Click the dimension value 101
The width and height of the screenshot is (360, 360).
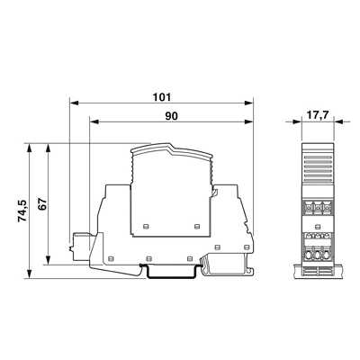162,97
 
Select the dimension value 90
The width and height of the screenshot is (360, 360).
171,116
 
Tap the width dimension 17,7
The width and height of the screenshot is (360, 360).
318,115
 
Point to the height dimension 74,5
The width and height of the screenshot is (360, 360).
22,211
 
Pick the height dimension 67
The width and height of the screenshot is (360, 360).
43,204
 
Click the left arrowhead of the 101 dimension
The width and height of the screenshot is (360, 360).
74,103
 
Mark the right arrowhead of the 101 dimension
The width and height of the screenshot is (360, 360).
248,103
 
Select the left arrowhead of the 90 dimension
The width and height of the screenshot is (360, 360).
94,121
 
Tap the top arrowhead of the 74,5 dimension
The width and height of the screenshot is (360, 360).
29,148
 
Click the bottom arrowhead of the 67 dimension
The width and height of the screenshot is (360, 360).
48,260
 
